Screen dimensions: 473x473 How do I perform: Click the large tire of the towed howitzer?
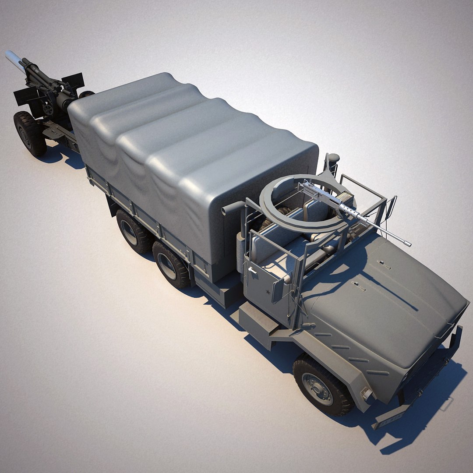[x=29, y=134]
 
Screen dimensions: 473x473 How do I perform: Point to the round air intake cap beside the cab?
[x=334, y=158]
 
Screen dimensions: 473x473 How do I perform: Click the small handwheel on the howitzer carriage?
[x=48, y=108]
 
